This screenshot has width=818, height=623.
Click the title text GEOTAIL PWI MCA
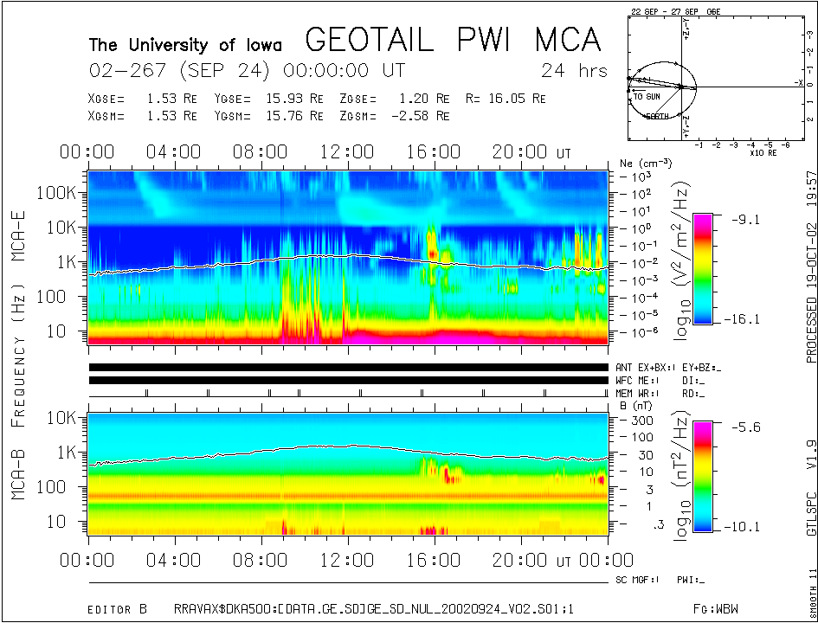click(454, 40)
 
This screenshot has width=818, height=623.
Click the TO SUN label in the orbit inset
click(647, 96)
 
